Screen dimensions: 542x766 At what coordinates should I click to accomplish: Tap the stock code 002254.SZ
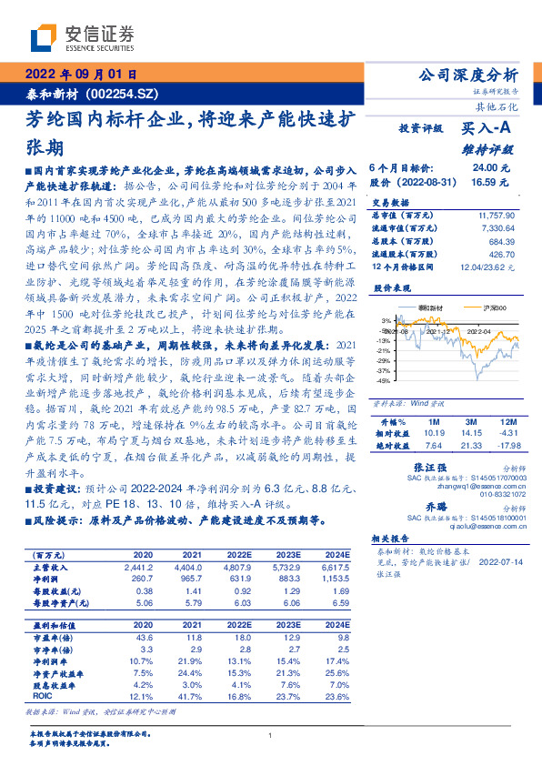tap(124, 93)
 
